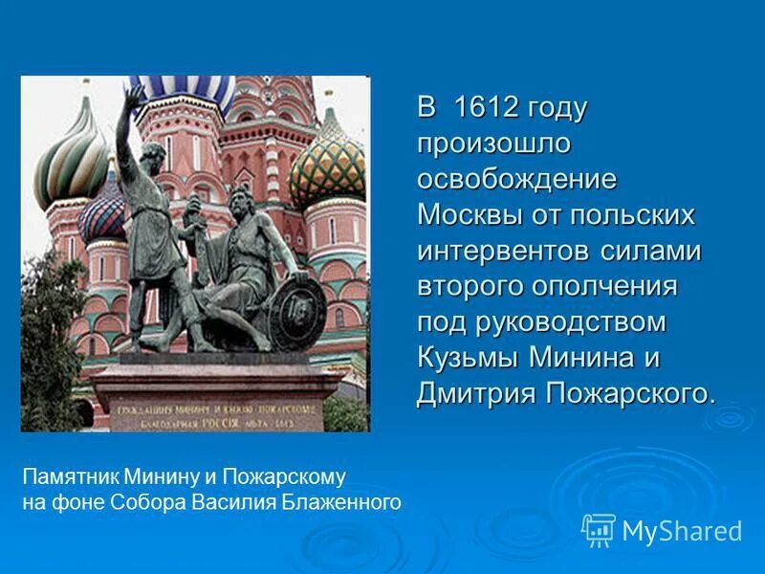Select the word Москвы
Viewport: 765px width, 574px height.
(x=469, y=215)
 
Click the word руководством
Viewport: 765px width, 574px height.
(x=570, y=322)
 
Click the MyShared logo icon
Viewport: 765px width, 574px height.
(x=598, y=529)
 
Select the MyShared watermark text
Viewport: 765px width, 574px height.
(x=682, y=531)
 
